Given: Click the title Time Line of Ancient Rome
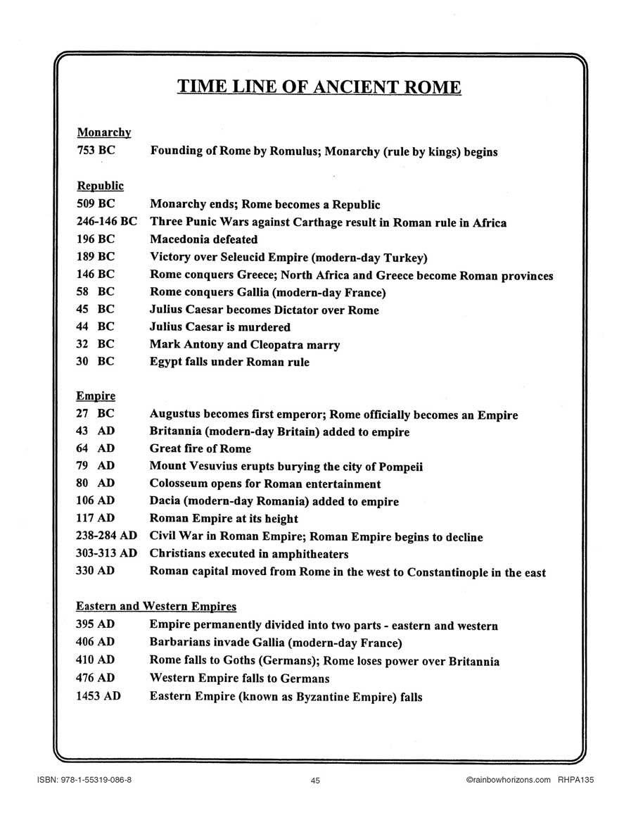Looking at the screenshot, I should pyautogui.click(x=319, y=87).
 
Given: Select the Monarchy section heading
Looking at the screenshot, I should pyautogui.click(x=104, y=132).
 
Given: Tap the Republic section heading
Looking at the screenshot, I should pyautogui.click(x=100, y=186).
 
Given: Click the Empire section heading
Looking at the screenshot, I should pyautogui.click(x=96, y=396).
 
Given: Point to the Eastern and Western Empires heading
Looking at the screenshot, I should pyautogui.click(x=156, y=606).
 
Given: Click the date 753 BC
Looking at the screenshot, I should pyautogui.click(x=95, y=151).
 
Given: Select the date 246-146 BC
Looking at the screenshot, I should pyautogui.click(x=106, y=222).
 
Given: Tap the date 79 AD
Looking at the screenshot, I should pyautogui.click(x=95, y=466).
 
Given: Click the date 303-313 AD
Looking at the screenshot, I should pyautogui.click(x=106, y=553).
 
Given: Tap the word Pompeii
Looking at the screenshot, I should pyautogui.click(x=399, y=467).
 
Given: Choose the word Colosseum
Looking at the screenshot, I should pyautogui.click(x=179, y=484).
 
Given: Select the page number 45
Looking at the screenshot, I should pyautogui.click(x=315, y=780).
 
